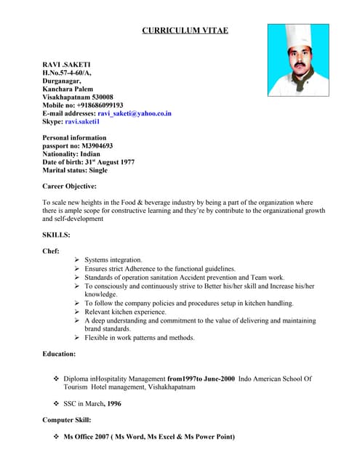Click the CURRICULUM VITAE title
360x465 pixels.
click(x=185, y=31)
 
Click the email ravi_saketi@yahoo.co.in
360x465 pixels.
click(x=135, y=114)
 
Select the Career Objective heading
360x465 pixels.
click(x=70, y=187)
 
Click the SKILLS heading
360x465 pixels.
click(x=57, y=235)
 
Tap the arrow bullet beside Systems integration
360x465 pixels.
click(x=77, y=259)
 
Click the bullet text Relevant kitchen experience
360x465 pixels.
click(x=126, y=312)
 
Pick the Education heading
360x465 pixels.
click(x=60, y=354)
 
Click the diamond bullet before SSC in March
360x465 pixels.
click(x=57, y=403)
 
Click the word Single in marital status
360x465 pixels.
click(x=98, y=170)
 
